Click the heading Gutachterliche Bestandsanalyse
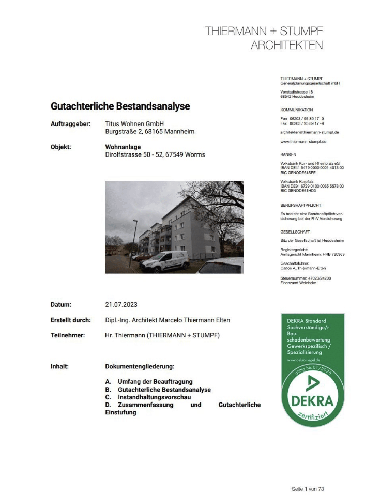[120, 106]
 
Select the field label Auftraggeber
[71, 124]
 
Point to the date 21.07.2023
[121, 305]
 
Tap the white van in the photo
[165, 261]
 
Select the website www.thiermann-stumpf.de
[303, 141]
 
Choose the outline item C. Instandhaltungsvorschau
[148, 397]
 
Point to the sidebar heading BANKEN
[288, 154]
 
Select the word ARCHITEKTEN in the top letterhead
[287, 45]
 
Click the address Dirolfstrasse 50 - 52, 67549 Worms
[155, 154]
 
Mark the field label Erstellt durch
[71, 320]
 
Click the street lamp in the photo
[135, 238]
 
